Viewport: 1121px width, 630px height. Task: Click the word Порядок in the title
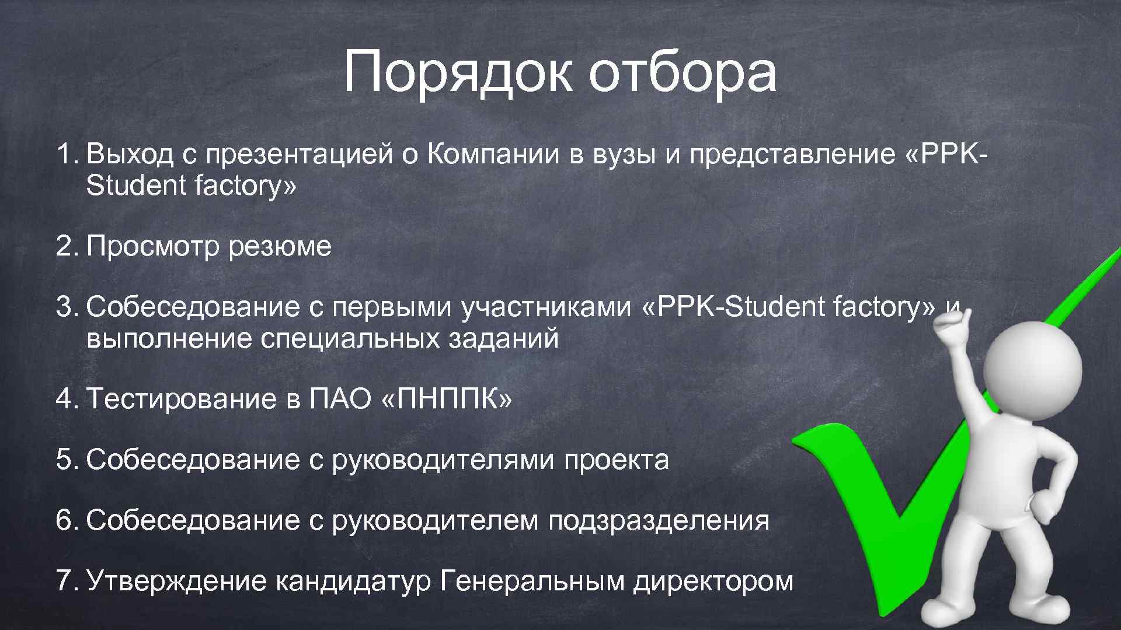coord(458,73)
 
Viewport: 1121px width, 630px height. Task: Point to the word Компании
coord(494,155)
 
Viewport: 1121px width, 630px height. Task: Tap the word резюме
coord(280,247)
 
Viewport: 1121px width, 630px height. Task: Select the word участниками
coord(546,307)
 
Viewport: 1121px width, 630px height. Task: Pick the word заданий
coord(503,338)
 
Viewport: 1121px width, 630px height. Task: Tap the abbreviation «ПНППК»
coord(446,400)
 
